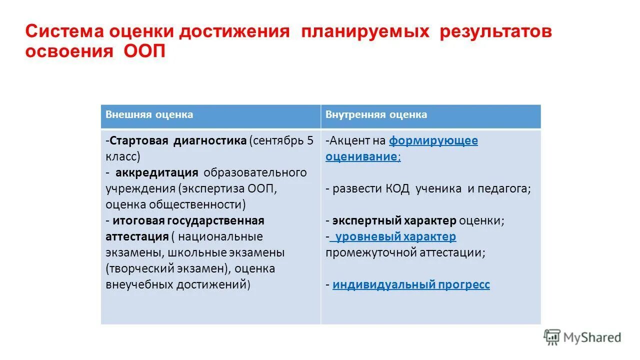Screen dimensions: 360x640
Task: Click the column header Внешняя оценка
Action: [149, 115]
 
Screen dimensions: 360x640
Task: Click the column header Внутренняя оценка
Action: [376, 115]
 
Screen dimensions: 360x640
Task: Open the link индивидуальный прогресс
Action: [411, 285]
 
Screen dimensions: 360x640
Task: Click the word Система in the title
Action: [59, 32]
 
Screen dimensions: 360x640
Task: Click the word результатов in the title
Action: [496, 32]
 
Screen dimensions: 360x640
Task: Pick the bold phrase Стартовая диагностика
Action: [178, 140]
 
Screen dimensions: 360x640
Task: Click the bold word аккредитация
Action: [157, 173]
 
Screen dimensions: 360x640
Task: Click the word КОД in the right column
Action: [397, 189]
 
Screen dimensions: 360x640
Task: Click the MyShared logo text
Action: [592, 337]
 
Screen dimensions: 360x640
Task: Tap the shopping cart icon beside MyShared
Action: [552, 337]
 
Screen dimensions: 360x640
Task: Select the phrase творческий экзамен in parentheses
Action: [167, 268]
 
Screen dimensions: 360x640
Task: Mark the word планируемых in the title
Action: [365, 32]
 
